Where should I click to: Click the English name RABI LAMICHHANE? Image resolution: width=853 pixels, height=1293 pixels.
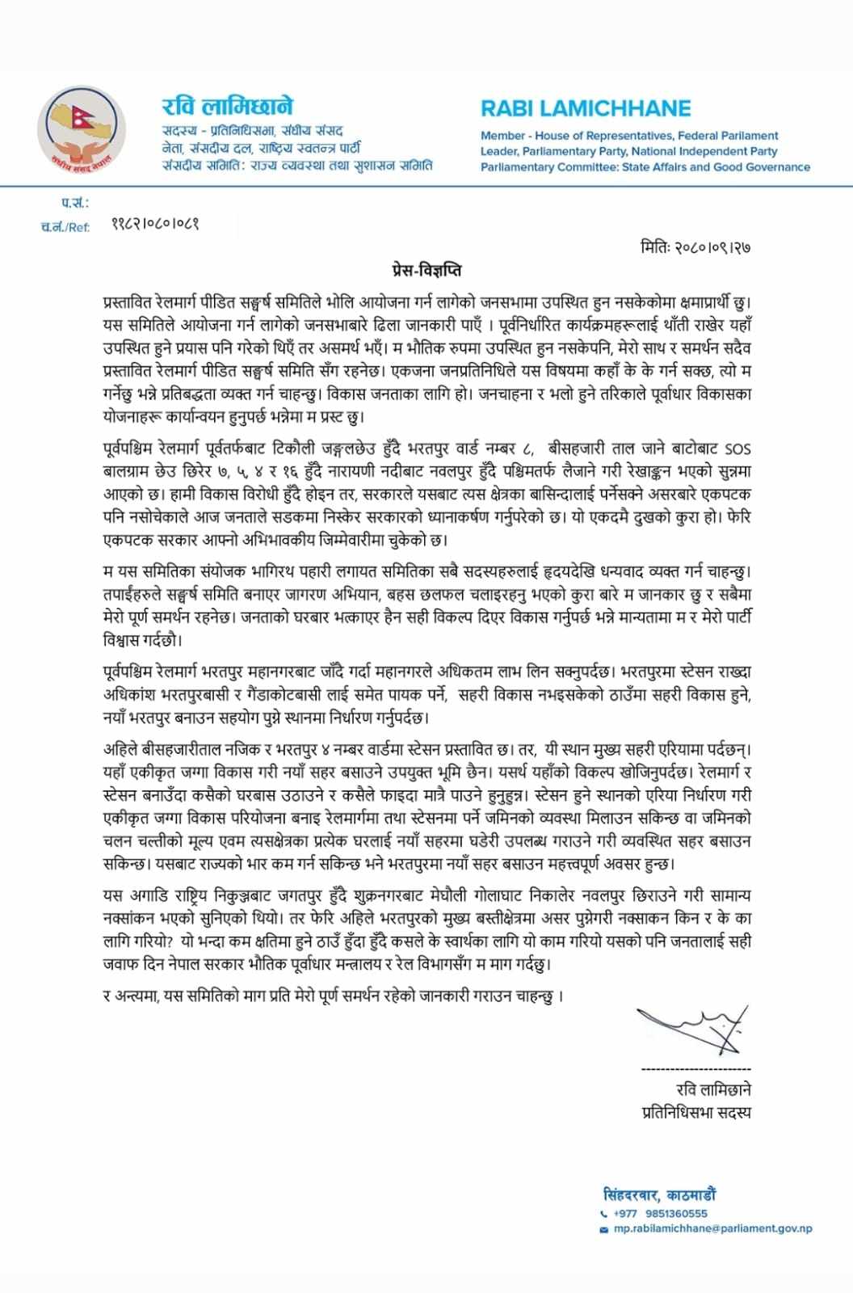[586, 108]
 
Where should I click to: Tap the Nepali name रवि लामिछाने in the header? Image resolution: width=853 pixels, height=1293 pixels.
[227, 107]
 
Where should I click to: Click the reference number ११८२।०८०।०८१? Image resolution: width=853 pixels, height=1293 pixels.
[155, 224]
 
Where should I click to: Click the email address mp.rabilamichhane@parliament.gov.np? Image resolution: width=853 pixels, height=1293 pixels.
[712, 1228]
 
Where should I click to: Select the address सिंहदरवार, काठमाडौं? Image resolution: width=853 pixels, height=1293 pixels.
[659, 1195]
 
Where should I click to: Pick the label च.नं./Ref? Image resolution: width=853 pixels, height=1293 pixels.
[65, 226]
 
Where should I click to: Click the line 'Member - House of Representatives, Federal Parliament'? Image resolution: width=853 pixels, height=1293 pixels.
[629, 136]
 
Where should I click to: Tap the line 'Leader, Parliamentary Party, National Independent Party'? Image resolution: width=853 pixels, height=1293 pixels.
[628, 151]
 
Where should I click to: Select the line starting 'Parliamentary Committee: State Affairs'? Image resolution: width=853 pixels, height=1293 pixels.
[645, 167]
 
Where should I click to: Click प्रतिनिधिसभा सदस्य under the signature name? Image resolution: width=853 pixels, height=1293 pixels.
[695, 1112]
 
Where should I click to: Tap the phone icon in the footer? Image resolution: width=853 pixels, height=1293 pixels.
[603, 1214]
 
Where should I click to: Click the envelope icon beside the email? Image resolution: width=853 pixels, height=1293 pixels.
[603, 1229]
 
